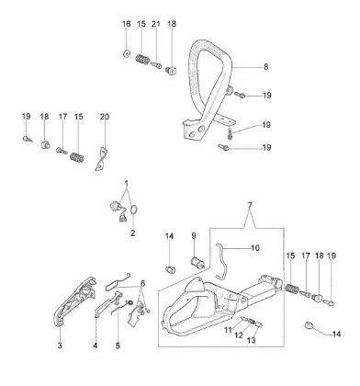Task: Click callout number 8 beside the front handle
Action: (x=265, y=66)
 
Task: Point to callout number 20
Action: (x=104, y=117)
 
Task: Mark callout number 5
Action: (x=118, y=346)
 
